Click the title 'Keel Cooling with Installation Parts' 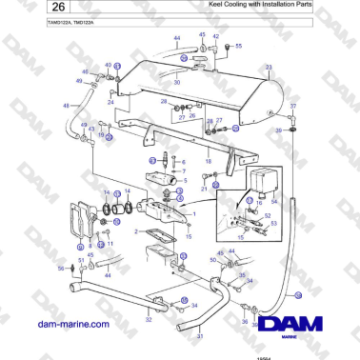[262, 6]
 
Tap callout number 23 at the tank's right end [269, 68]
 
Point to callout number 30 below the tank [177, 83]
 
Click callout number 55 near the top [238, 45]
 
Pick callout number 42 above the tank [216, 36]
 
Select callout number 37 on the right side [292, 106]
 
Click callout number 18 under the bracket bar [208, 163]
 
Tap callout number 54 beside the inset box [274, 200]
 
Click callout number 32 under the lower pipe [149, 319]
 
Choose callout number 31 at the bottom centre [200, 336]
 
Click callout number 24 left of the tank [111, 100]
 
